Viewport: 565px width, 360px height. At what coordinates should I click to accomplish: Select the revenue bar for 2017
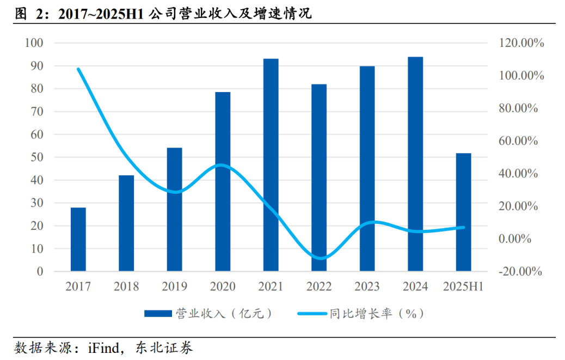pyautogui.click(x=78, y=239)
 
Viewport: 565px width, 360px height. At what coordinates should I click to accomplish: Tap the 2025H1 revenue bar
pyautogui.click(x=464, y=212)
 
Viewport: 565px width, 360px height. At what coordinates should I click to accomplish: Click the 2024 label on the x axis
pyautogui.click(x=415, y=286)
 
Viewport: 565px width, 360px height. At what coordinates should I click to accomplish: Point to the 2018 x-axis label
pyautogui.click(x=126, y=286)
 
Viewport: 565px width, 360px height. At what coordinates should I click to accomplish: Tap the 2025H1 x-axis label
pyautogui.click(x=464, y=286)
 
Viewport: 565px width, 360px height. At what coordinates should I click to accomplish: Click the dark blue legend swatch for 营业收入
pyautogui.click(x=158, y=314)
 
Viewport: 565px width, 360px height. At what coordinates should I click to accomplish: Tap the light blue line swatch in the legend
pyautogui.click(x=312, y=314)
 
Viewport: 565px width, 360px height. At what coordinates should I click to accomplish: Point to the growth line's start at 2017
pyautogui.click(x=78, y=69)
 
